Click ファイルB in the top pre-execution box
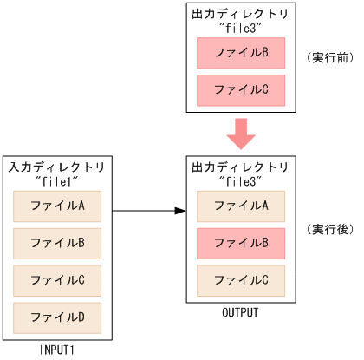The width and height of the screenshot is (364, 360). [241, 53]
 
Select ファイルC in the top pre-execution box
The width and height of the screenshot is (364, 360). [241, 89]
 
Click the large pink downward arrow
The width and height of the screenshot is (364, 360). [241, 134]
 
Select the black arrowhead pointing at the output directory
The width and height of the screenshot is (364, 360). [180, 211]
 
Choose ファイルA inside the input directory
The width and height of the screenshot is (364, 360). [57, 206]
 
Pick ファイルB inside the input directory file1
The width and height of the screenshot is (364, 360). [57, 244]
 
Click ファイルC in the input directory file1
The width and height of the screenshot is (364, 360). [57, 281]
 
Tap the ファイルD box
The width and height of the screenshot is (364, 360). [57, 318]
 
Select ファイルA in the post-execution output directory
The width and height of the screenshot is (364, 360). [241, 206]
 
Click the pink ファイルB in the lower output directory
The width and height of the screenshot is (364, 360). [241, 244]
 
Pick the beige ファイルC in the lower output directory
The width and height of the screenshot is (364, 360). [241, 280]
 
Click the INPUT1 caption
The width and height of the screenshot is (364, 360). [58, 349]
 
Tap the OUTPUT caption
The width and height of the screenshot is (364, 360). [241, 311]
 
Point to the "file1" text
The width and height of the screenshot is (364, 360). [58, 180]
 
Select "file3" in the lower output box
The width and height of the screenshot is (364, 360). [241, 180]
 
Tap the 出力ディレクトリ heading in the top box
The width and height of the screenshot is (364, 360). [241, 13]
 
